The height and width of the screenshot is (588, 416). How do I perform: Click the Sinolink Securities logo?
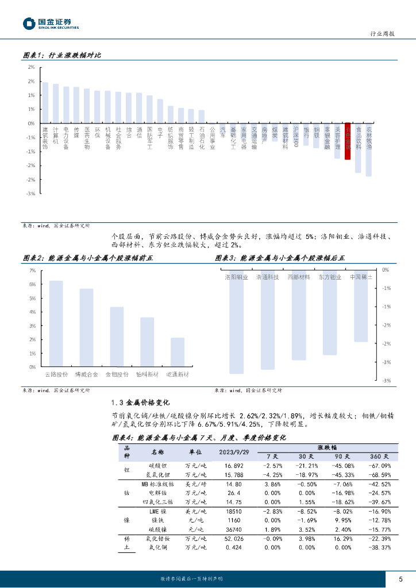(x=51, y=24)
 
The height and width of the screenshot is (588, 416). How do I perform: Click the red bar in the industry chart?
(x=348, y=141)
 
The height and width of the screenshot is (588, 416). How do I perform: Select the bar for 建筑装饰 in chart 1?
(x=45, y=103)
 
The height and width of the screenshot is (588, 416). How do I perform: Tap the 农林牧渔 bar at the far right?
(x=368, y=149)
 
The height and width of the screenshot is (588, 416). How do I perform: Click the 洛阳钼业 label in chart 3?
(x=236, y=277)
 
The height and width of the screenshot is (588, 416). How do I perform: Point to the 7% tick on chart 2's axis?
(x=32, y=270)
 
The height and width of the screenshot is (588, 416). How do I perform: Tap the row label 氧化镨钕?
(x=159, y=538)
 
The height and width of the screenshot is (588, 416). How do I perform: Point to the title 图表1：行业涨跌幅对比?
(x=61, y=55)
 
